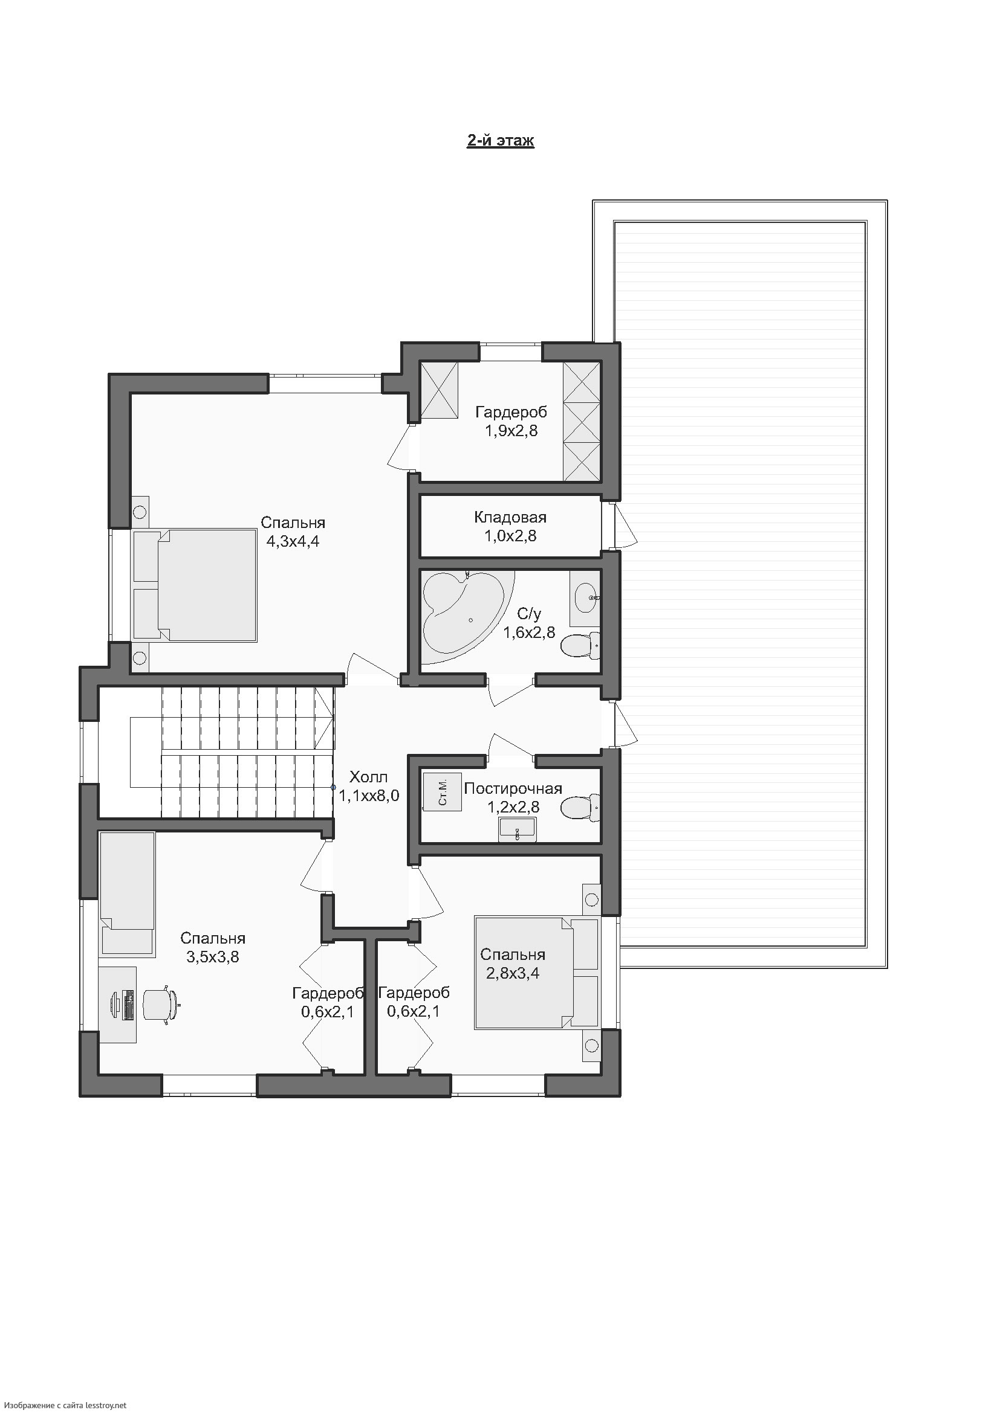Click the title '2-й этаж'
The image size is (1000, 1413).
tap(500, 141)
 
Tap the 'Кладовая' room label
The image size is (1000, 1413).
tap(510, 518)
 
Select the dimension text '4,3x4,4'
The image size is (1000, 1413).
tap(293, 541)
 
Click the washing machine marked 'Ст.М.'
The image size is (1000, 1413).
tap(442, 792)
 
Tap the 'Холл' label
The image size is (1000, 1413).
tap(368, 777)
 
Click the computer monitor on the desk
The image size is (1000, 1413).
tap(116, 1005)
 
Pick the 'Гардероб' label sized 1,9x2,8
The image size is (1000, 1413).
tap(511, 412)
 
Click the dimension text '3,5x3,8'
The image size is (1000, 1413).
tap(212, 957)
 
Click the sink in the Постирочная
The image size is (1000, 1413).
tap(518, 829)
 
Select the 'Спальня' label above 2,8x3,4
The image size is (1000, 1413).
tap(512, 954)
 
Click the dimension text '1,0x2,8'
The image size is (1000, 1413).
tap(510, 536)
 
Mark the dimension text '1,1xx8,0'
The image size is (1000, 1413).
tap(369, 796)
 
